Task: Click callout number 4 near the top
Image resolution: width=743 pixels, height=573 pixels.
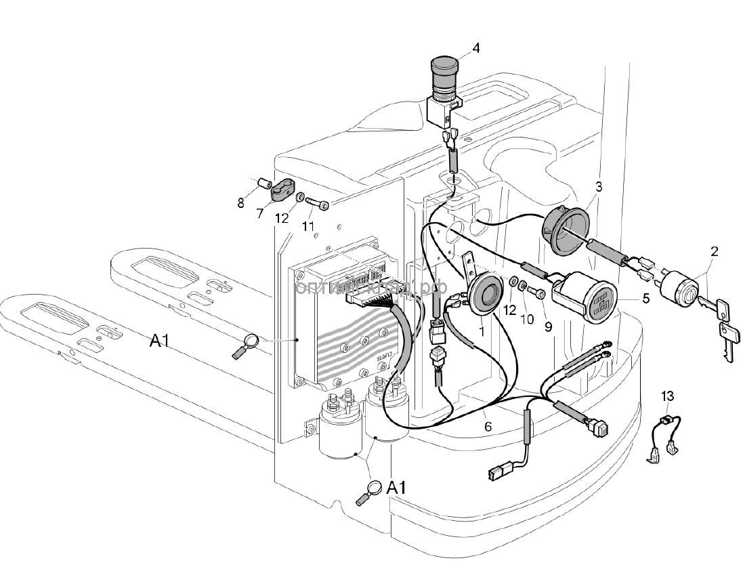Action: pyautogui.click(x=476, y=48)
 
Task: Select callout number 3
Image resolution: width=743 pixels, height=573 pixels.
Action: pyautogui.click(x=598, y=186)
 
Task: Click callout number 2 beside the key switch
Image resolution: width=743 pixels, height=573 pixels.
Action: pyautogui.click(x=714, y=252)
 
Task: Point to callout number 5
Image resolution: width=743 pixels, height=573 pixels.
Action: pyautogui.click(x=646, y=297)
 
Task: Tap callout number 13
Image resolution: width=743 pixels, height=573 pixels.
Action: pyautogui.click(x=668, y=396)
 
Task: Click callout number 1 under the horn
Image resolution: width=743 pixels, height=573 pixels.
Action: pyautogui.click(x=482, y=332)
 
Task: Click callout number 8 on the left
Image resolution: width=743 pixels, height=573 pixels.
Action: pyautogui.click(x=240, y=202)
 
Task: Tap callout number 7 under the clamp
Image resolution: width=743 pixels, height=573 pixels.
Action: pyautogui.click(x=260, y=214)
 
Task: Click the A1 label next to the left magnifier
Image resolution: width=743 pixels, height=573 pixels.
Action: pyautogui.click(x=159, y=341)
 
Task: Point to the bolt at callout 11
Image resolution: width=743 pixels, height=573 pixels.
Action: pyautogui.click(x=316, y=203)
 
